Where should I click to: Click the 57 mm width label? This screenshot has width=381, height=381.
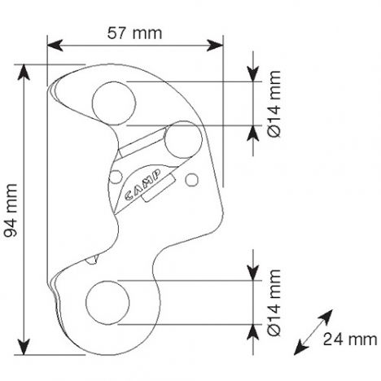pyautogui.click(x=135, y=33)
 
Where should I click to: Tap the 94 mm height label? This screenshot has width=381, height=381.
pyautogui.click(x=11, y=210)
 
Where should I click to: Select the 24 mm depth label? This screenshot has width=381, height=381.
pyautogui.click(x=350, y=339)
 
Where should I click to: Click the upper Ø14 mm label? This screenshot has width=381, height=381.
pyautogui.click(x=274, y=104)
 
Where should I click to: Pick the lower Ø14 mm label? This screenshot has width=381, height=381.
pyautogui.click(x=274, y=302)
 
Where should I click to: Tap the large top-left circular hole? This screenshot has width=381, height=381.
pyautogui.click(x=114, y=103)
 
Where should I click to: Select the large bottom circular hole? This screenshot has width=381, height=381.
pyautogui.click(x=107, y=302)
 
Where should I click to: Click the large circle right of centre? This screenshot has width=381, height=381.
pyautogui.click(x=183, y=140)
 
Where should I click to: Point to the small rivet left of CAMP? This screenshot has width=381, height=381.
pyautogui.click(x=116, y=177)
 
